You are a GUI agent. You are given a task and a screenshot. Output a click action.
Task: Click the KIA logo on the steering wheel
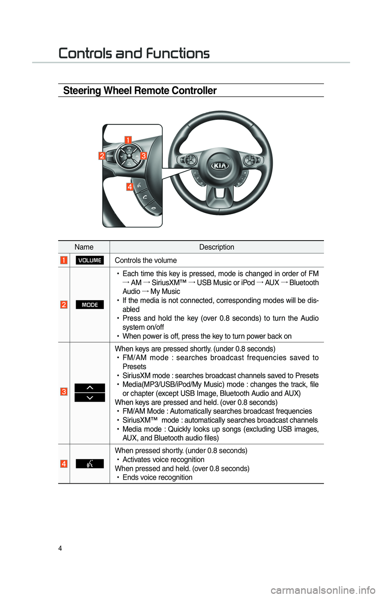click(220, 165)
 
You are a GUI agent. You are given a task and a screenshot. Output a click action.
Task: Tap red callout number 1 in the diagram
click(128, 140)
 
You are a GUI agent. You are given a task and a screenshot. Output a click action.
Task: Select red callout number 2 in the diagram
click(102, 156)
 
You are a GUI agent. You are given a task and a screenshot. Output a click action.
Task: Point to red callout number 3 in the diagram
click(143, 156)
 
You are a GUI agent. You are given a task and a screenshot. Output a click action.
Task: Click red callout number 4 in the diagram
click(130, 187)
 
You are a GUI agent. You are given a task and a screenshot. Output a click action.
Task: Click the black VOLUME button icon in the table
click(90, 261)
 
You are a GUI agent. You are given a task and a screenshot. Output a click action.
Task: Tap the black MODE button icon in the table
click(90, 305)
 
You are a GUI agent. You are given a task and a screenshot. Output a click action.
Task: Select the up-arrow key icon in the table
click(90, 388)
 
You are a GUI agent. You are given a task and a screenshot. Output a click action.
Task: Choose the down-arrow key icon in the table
click(90, 398)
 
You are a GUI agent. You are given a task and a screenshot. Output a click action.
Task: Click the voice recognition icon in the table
click(90, 464)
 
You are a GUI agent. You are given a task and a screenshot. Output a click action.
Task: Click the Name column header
click(84, 247)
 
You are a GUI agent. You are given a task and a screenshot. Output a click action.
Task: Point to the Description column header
click(216, 247)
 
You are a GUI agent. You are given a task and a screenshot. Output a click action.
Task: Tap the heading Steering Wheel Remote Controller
click(140, 91)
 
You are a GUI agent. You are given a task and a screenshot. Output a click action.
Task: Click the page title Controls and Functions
click(134, 53)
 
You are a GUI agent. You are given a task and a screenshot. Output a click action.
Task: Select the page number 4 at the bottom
click(60, 548)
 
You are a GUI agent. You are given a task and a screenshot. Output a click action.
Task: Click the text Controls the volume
click(146, 261)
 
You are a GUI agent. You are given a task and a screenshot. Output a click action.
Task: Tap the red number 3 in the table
click(64, 392)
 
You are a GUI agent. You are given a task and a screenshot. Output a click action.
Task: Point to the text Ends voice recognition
click(157, 477)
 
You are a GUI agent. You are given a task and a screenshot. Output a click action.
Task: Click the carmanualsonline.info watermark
click(323, 589)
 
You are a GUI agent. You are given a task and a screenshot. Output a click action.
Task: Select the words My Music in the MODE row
click(165, 292)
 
